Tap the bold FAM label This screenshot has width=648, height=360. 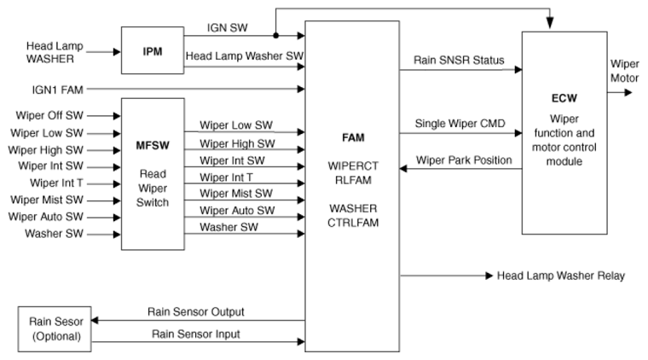point(351,136)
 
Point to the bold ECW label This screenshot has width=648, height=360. point(564,98)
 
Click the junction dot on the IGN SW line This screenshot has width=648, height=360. point(275,36)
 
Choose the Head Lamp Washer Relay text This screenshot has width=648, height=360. point(560,276)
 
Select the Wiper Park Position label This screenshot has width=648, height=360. point(464,160)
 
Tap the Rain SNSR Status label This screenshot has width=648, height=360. point(459,60)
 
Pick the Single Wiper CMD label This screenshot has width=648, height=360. point(460,123)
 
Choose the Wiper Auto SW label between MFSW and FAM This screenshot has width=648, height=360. point(237,210)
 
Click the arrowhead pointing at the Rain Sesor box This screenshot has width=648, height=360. point(94,321)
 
